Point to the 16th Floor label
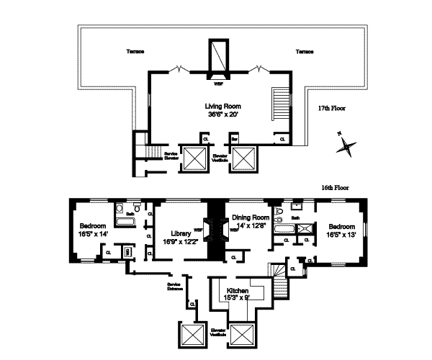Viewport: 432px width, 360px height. click(336, 187)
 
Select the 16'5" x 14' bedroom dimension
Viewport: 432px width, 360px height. click(94, 233)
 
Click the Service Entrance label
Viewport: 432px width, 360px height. click(175, 287)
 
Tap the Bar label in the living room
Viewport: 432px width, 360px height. click(234, 138)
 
